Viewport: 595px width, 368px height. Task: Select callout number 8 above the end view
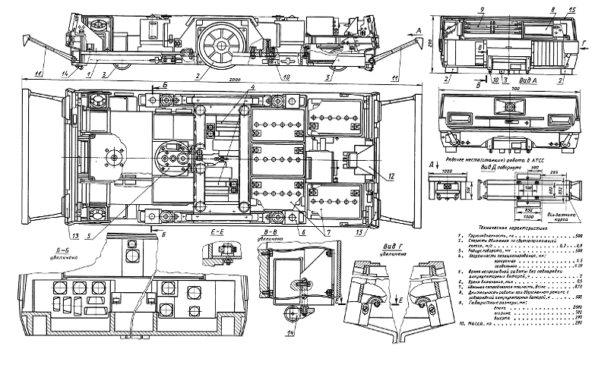[x=553, y=11]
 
